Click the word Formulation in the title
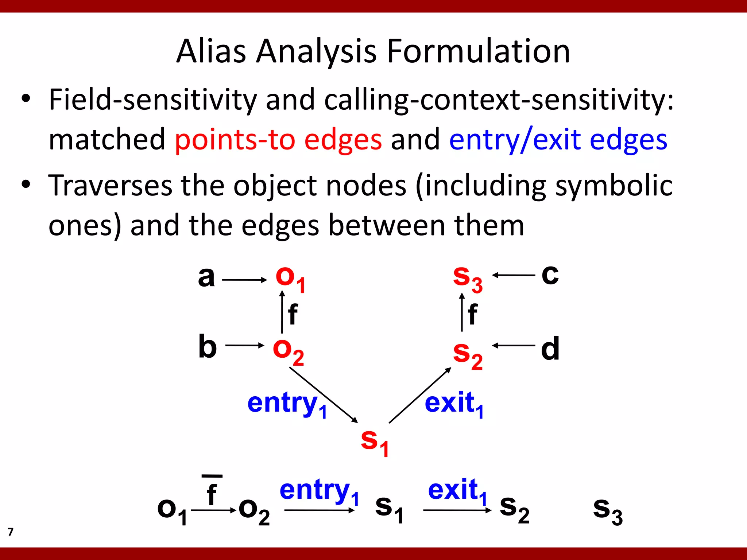pos(478,51)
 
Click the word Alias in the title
pos(211,51)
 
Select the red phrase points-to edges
pos(278,140)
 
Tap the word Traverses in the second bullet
pos(110,186)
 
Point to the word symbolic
pos(614,186)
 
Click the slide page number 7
pos(11,532)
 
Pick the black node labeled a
pos(206,277)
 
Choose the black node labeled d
pos(550,348)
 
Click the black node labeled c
pos(550,274)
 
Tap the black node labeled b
pos(208,346)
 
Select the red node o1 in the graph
pos(290,279)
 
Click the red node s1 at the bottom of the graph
pos(374,442)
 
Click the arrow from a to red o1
pos(244,280)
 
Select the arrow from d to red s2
pos(514,345)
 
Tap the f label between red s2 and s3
pos(472,314)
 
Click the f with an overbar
pos(212,492)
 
